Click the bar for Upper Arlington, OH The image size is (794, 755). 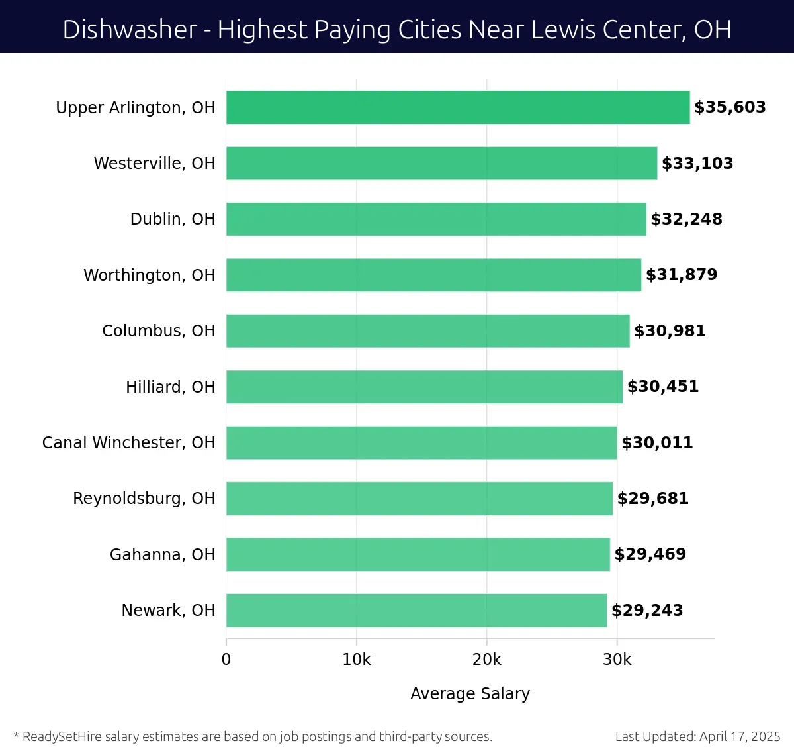458,107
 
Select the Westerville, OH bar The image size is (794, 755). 441,164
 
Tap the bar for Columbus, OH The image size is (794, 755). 427,331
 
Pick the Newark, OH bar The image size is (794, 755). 416,611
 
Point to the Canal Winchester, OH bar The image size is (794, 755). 421,443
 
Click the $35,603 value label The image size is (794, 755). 730,107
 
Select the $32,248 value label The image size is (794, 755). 686,219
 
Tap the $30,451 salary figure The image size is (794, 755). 663,387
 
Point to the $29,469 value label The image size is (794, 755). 650,554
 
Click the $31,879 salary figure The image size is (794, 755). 682,275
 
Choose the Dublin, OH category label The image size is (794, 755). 173,219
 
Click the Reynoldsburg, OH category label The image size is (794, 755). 144,499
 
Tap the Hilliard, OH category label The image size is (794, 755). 171,387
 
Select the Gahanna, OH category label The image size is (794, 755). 163,554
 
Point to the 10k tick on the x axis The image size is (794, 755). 357,660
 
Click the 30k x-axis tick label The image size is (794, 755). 617,660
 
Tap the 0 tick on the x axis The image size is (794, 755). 226,660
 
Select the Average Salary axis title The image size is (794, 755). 470,693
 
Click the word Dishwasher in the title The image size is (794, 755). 130,30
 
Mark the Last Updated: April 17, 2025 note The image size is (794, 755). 697,736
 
